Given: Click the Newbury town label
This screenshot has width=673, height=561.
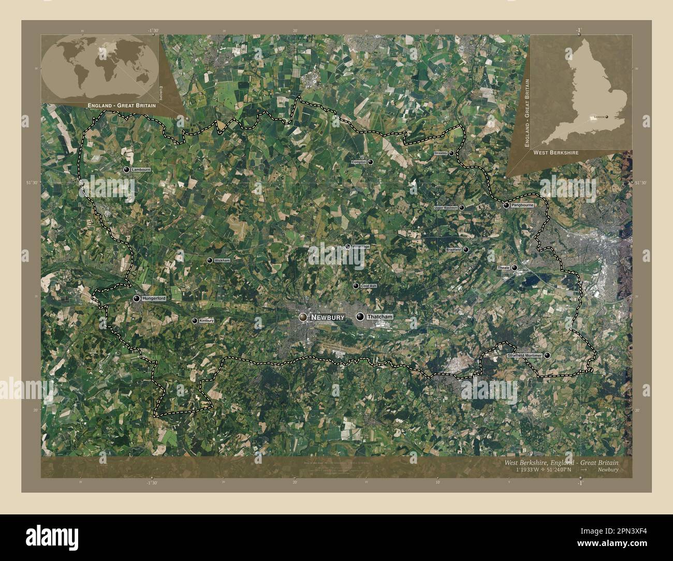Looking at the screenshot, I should [328, 317].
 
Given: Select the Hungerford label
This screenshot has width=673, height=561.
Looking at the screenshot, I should [154, 299].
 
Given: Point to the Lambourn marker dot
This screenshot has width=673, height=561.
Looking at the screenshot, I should [126, 170].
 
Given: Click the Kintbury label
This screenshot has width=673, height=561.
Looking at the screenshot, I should [207, 321].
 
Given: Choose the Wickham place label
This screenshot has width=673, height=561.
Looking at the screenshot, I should [222, 260].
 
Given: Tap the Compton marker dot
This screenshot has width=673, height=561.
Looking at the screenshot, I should [371, 162].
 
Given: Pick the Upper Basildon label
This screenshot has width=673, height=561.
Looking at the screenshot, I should [446, 208].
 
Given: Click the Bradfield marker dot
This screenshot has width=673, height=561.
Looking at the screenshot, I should [466, 249].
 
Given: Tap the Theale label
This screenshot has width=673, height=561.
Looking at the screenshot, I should [504, 268].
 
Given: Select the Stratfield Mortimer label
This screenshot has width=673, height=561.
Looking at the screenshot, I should [524, 356].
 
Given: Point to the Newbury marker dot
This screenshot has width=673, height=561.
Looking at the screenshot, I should [302, 317].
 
